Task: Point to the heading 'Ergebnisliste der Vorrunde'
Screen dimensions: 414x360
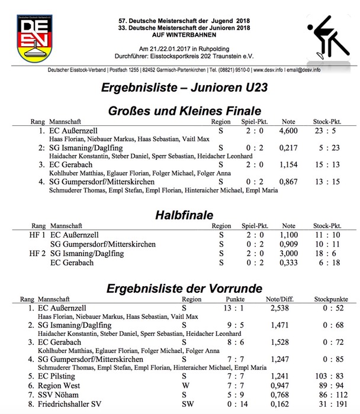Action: [184, 289]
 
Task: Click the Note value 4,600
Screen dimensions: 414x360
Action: [288, 130]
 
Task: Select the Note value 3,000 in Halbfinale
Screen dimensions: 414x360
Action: [288, 253]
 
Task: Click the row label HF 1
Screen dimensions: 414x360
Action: [37, 235]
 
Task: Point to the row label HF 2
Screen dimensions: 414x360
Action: [37, 253]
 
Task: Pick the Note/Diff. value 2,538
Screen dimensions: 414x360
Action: [280, 308]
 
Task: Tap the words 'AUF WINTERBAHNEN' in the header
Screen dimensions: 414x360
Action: [179, 34]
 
